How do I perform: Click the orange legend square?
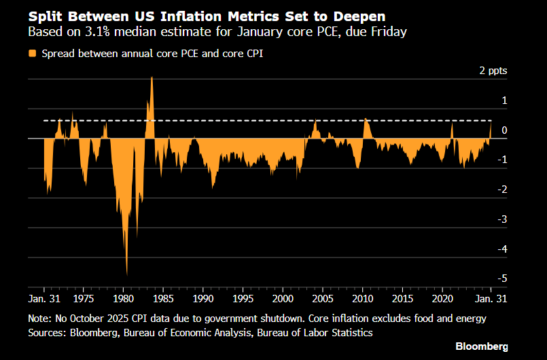(x=33, y=53)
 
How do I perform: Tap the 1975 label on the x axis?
(x=83, y=298)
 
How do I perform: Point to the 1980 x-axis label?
(x=123, y=298)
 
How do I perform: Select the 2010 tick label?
(x=362, y=298)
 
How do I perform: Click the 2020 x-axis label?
(x=442, y=298)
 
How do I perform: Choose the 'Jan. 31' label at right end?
(x=493, y=298)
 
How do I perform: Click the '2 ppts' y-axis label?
(x=493, y=71)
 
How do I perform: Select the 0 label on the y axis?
(x=504, y=130)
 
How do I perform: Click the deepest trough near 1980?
(x=127, y=274)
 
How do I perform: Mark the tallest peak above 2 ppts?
(x=152, y=77)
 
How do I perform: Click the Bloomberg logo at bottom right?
(x=481, y=346)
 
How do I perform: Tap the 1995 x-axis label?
(x=243, y=298)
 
